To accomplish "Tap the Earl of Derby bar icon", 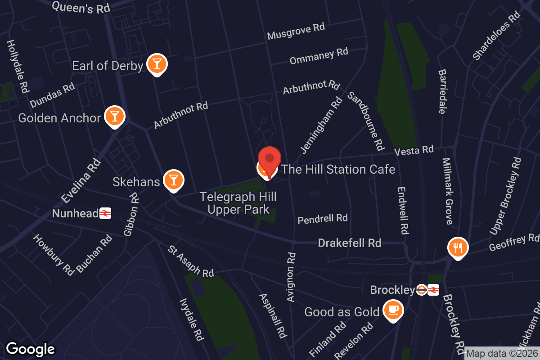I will [x=157, y=64].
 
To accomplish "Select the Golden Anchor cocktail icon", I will [x=115, y=116].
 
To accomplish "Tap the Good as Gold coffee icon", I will [x=393, y=310].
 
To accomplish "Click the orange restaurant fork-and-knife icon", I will [x=458, y=247].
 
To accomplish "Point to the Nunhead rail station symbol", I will [x=105, y=213].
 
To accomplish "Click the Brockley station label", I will [x=391, y=290].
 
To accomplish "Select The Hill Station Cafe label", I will [x=338, y=169].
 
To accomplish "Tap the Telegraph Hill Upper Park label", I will [x=238, y=203].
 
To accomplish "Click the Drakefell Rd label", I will [x=350, y=243].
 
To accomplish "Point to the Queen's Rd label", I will [x=81, y=7].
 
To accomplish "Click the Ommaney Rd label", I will [x=319, y=56].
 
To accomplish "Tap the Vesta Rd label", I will [x=414, y=150].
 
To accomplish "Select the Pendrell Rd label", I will [x=323, y=219].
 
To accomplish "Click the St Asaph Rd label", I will [x=191, y=261].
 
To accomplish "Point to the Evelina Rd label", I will [x=81, y=180].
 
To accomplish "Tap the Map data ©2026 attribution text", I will [x=502, y=354].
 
